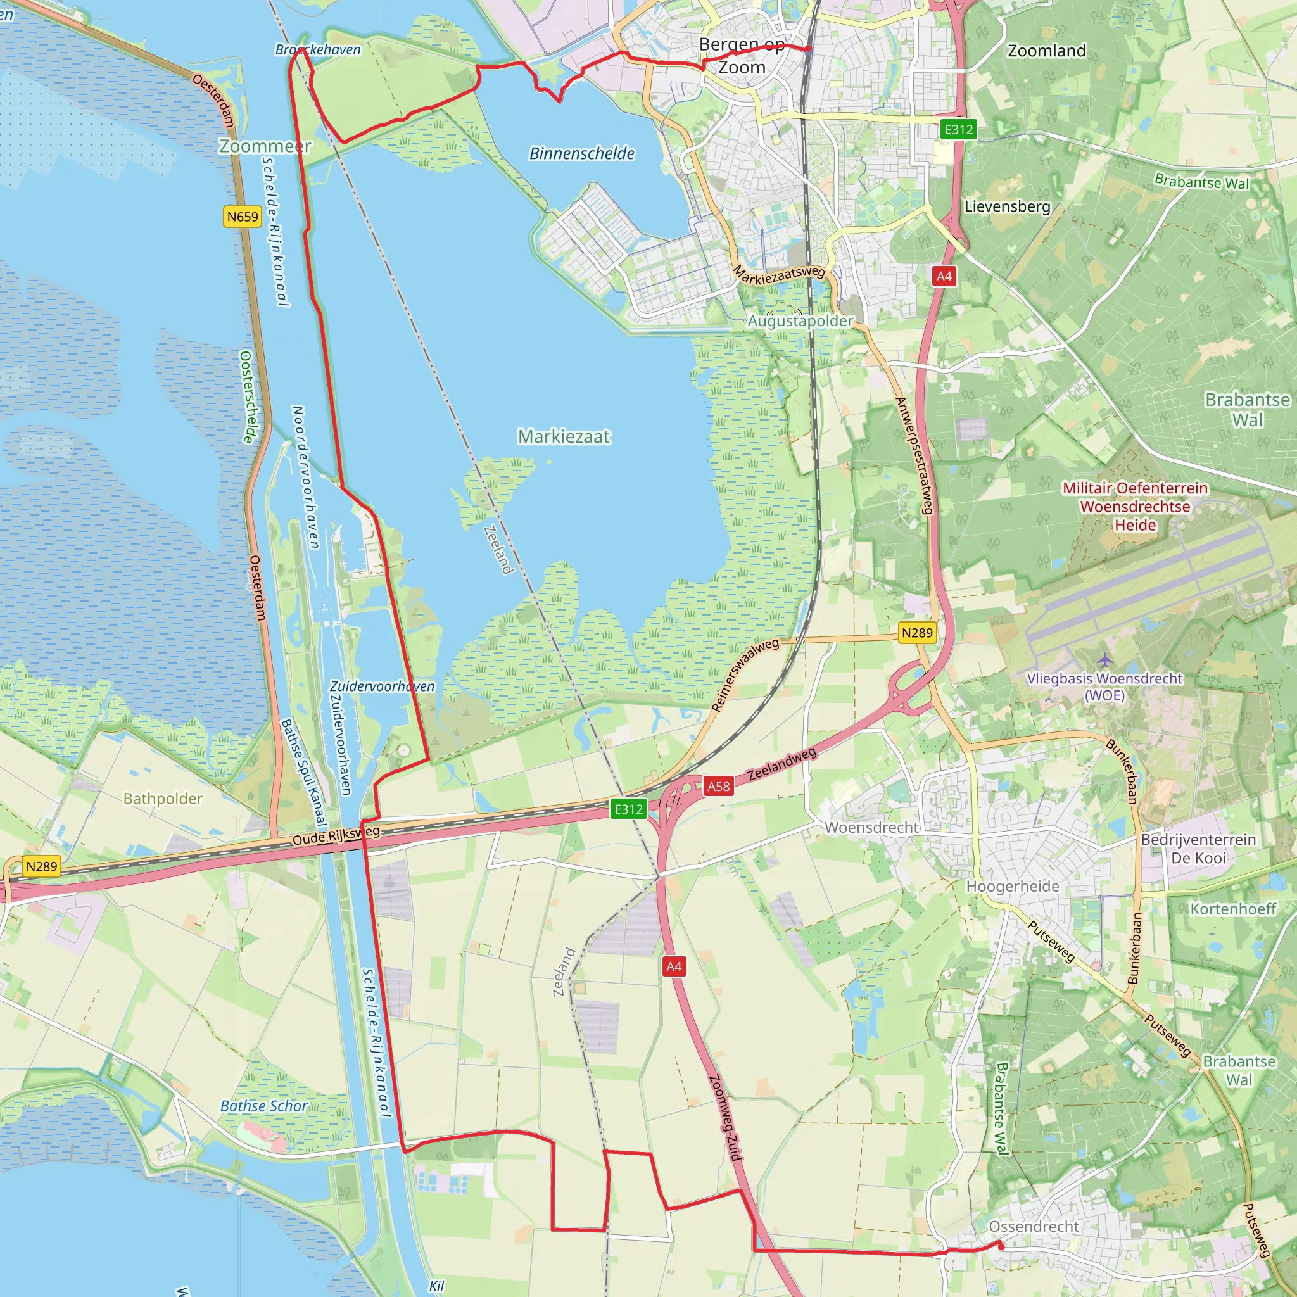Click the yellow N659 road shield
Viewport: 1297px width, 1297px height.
(x=243, y=217)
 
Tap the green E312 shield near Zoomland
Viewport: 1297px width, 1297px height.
(x=958, y=130)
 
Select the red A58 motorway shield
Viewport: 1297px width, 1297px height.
(x=718, y=786)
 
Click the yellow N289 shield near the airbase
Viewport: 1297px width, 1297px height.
(x=917, y=633)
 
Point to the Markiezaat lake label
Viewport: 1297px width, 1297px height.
(x=564, y=437)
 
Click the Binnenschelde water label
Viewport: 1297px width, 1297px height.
(x=582, y=154)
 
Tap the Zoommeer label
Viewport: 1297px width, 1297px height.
(x=265, y=146)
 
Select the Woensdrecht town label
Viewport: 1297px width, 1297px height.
(x=871, y=828)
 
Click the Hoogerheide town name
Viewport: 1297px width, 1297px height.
(x=1013, y=887)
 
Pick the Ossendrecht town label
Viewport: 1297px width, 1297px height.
(x=1034, y=1227)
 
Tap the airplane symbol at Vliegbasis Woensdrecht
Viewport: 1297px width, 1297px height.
(x=1104, y=660)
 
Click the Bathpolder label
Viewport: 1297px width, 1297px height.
(x=163, y=798)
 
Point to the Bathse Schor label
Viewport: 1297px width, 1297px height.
(x=264, y=1106)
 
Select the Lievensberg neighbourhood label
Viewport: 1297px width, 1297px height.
(x=1007, y=206)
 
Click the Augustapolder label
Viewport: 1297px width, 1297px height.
(x=800, y=321)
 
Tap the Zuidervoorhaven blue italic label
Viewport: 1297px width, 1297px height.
(x=382, y=686)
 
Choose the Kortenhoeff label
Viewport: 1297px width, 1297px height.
(x=1233, y=909)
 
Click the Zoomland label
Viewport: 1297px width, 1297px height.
(x=1047, y=51)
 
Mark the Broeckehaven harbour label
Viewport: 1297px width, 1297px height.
(x=318, y=49)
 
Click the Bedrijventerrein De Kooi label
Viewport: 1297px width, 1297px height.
(x=1198, y=849)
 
